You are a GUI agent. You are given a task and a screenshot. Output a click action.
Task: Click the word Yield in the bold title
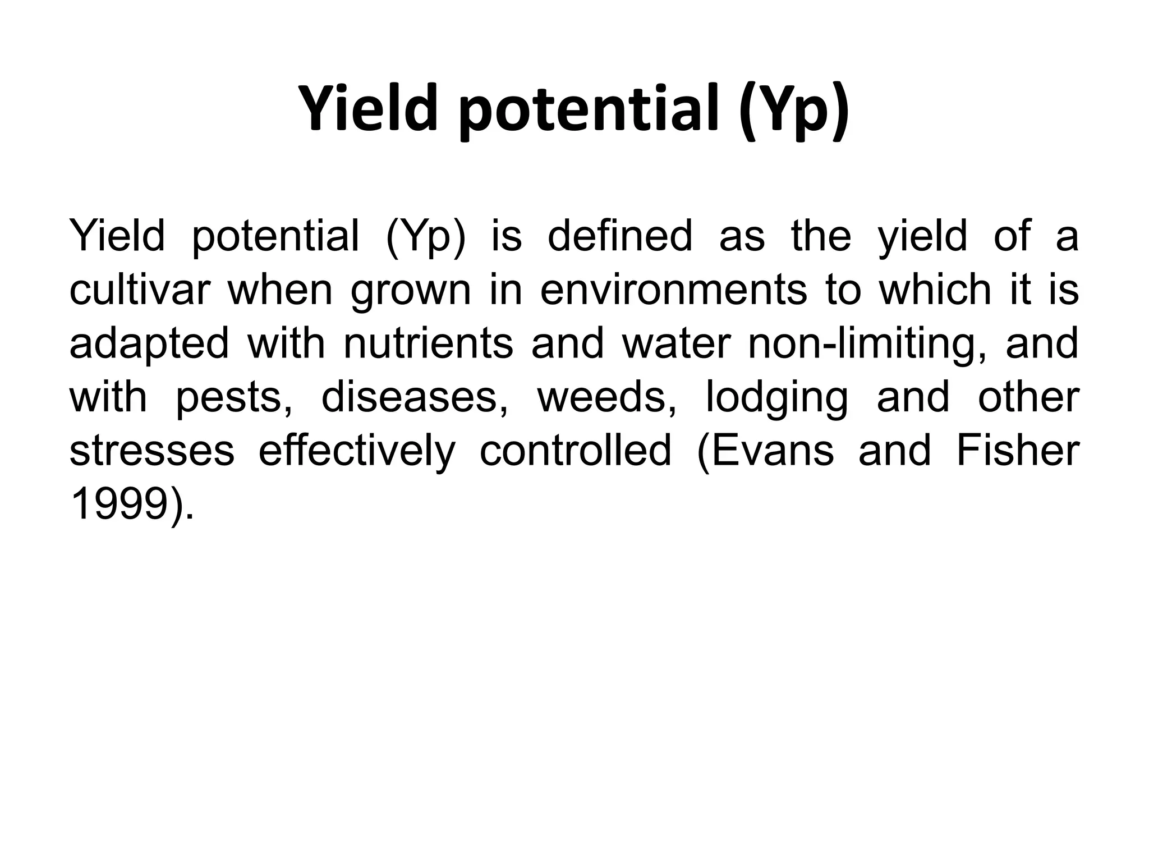367,109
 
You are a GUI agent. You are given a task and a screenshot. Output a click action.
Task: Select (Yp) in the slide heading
793,109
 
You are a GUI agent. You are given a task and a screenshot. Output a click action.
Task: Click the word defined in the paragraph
620,236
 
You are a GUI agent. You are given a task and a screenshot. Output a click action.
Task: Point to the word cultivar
140,290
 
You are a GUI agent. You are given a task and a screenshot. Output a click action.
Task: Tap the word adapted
149,343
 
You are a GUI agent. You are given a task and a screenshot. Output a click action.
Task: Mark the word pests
233,397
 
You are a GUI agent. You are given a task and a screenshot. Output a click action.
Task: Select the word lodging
776,397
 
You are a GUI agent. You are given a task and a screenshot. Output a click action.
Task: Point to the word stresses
151,451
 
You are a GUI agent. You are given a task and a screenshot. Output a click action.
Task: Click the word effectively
356,451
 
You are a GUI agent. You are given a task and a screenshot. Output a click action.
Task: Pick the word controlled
576,451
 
